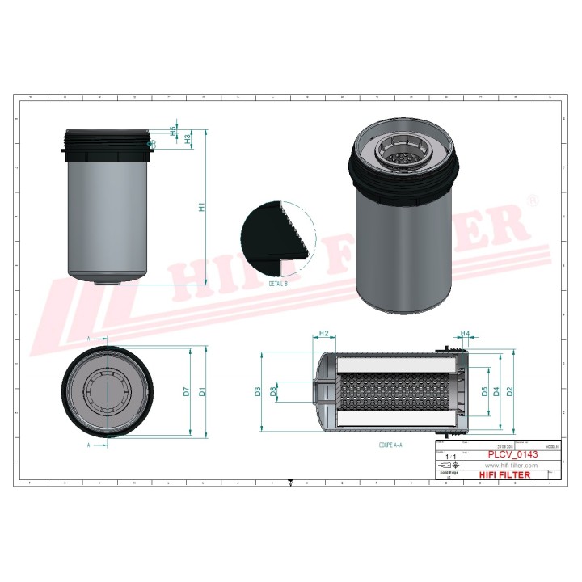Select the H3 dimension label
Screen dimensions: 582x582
188,138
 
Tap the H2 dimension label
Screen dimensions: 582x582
323,333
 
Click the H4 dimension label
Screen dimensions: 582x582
465,333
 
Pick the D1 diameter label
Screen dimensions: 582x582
203,392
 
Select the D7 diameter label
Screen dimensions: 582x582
187,392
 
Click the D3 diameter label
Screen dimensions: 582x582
258,392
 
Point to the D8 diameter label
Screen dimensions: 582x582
274,392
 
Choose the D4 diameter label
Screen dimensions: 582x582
496,392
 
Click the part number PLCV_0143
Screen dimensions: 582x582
511,455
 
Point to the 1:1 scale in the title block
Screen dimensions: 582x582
450,457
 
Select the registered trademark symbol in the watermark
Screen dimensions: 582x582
532,199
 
